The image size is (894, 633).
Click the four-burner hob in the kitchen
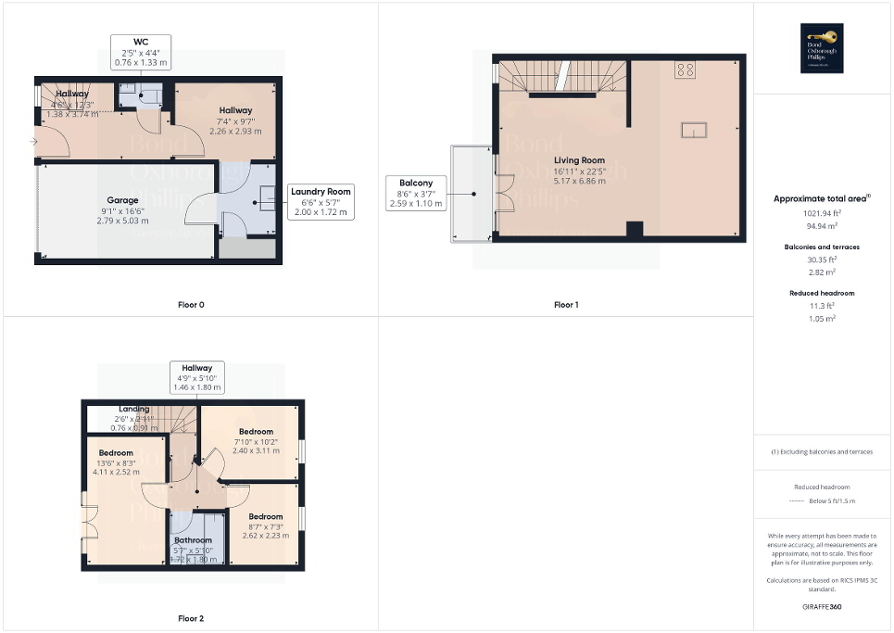pyautogui.click(x=686, y=70)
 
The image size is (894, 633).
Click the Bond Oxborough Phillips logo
pyautogui.click(x=822, y=48)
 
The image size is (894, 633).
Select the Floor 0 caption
pyautogui.click(x=191, y=305)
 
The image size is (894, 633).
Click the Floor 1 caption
pyautogui.click(x=566, y=305)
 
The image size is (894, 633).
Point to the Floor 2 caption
pyautogui.click(x=191, y=618)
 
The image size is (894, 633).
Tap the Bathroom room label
pyautogui.click(x=195, y=540)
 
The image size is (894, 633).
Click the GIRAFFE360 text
pyautogui.click(x=823, y=607)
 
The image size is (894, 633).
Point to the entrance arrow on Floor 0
pyautogui.click(x=33, y=142)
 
